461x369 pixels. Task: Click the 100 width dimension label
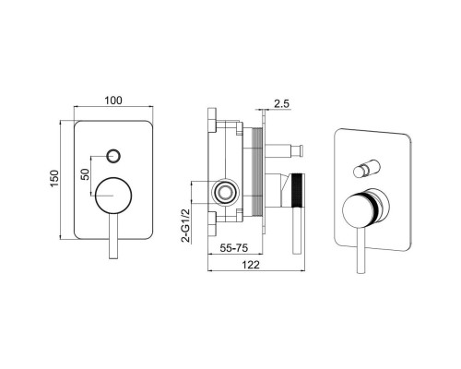(113, 101)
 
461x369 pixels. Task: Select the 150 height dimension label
(54, 179)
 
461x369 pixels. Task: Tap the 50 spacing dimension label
(86, 174)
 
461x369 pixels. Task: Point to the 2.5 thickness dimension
(281, 103)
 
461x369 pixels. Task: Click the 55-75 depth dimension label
(234, 248)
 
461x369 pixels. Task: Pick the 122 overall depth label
(252, 265)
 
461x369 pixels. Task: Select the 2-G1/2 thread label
(185, 226)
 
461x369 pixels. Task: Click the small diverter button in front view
(113, 156)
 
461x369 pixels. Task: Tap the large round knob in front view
(113, 196)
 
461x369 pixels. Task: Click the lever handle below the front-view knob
(113, 236)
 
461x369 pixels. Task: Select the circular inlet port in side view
(225, 192)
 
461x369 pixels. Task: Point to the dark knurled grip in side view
(298, 191)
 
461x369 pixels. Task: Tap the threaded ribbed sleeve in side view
(257, 172)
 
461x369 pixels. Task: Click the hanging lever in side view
(297, 231)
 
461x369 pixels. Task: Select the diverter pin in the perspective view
(367, 169)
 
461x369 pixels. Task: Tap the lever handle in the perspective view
(361, 251)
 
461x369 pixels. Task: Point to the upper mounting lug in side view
(212, 120)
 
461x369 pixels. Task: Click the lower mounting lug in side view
(212, 224)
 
